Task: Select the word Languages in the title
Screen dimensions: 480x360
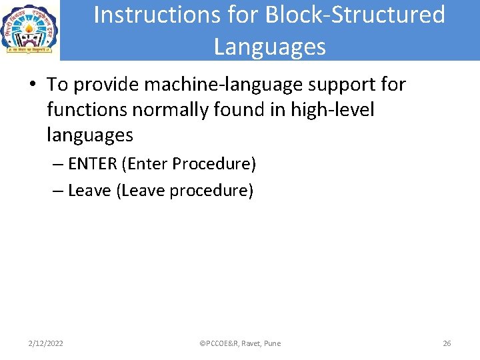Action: coord(270,47)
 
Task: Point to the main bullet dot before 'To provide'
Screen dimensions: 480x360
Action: coord(32,85)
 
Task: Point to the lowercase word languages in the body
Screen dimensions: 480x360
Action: coord(90,135)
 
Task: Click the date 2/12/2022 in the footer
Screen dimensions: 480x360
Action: coord(46,343)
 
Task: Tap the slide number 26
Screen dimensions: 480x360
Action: coord(447,343)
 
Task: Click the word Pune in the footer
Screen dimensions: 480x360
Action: coord(272,343)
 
